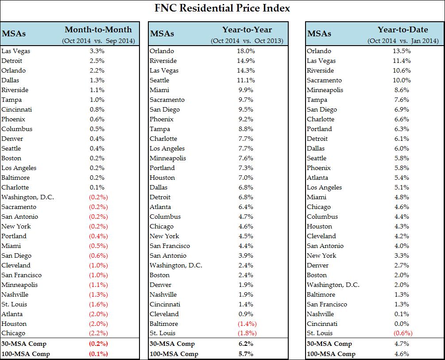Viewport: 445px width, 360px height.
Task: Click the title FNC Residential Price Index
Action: click(222, 8)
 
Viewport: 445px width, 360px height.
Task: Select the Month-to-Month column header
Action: click(98, 30)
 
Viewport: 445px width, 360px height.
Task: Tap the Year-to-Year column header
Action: click(247, 30)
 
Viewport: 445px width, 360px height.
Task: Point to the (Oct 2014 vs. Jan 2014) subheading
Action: click(403, 41)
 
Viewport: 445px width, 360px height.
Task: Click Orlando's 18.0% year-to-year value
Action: click(246, 51)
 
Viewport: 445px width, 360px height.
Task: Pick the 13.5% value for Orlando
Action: click(402, 51)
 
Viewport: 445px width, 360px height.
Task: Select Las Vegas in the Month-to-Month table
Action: click(16, 51)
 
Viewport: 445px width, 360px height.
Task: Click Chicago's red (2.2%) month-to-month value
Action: click(97, 333)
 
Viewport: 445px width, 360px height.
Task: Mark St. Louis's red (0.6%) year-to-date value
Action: click(402, 333)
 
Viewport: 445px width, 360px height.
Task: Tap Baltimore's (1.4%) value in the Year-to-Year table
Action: click(246, 324)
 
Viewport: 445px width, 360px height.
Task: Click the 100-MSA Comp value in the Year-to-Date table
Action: click(402, 354)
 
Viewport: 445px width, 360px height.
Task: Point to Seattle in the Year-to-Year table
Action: click(159, 80)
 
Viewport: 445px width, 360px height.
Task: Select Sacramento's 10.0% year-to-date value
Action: click(402, 80)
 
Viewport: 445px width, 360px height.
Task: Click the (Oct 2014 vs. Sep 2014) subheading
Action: click(98, 41)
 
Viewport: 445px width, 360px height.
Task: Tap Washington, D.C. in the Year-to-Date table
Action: click(333, 285)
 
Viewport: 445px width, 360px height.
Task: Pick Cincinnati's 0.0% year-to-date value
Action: click(402, 324)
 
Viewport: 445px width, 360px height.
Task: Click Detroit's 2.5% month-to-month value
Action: click(97, 61)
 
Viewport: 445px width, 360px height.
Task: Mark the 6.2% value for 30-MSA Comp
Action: click(246, 344)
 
